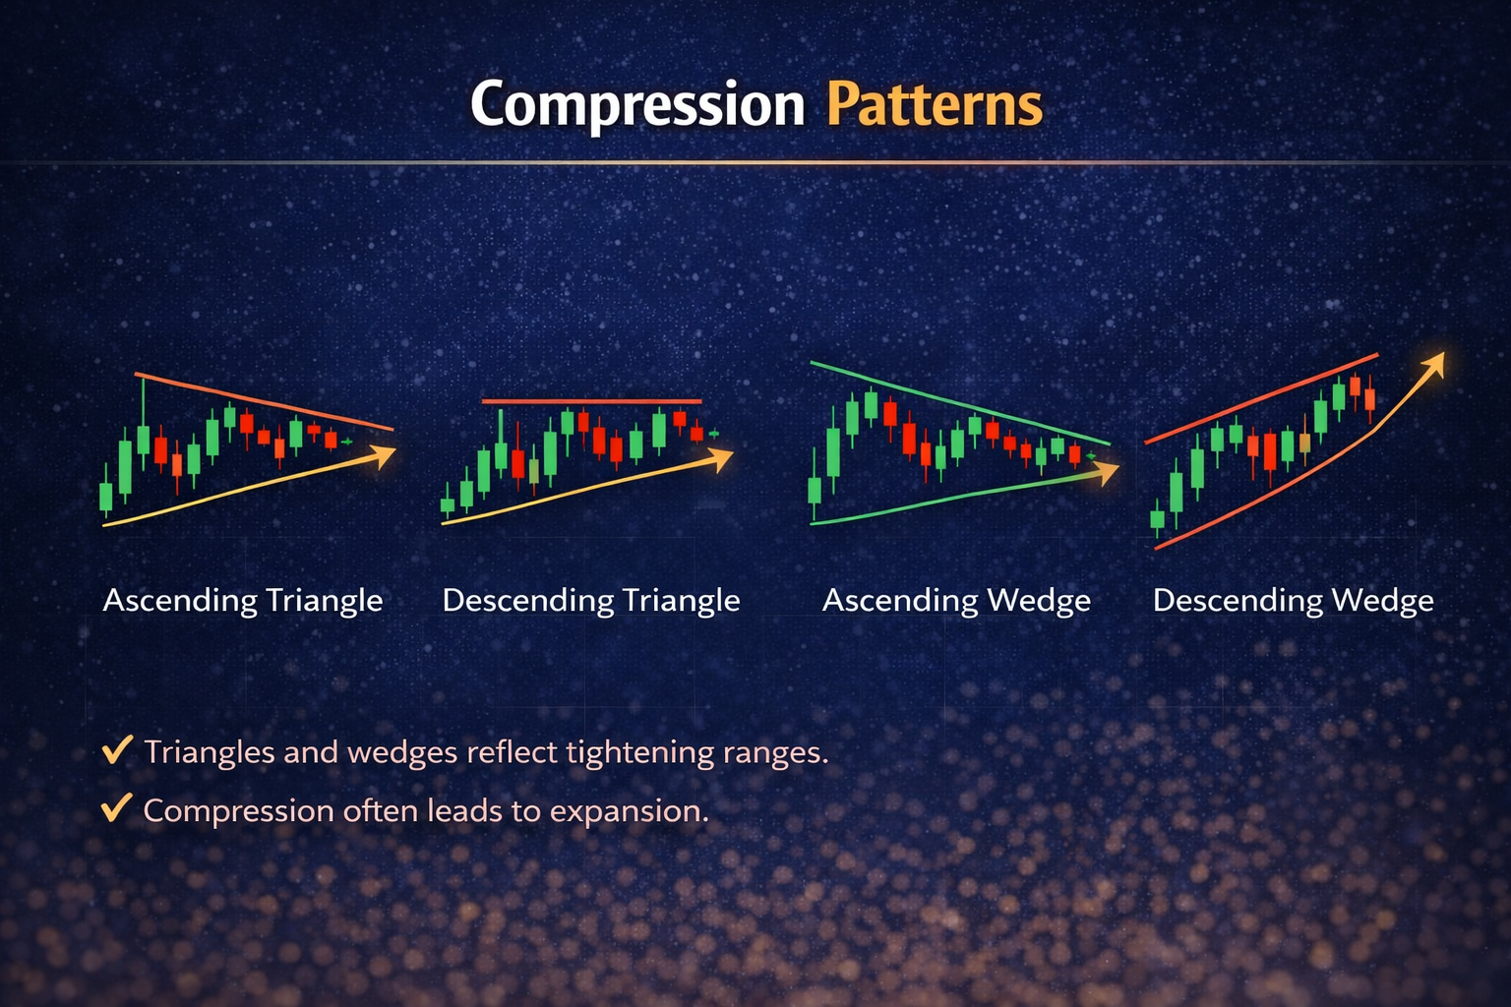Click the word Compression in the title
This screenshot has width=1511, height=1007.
tap(637, 104)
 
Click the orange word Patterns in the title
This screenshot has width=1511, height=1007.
tap(934, 104)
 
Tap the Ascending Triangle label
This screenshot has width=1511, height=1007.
tap(242, 600)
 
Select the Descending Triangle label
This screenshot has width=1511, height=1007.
tap(590, 600)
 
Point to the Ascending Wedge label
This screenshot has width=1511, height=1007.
tap(956, 600)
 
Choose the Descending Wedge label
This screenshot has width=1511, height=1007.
tap(1293, 600)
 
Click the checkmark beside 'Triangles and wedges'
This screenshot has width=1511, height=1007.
tap(117, 750)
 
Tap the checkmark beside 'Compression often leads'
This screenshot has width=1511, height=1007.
tap(117, 808)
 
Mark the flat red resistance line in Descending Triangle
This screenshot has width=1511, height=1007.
tap(590, 401)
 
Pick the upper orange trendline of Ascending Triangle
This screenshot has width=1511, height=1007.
tap(266, 401)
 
